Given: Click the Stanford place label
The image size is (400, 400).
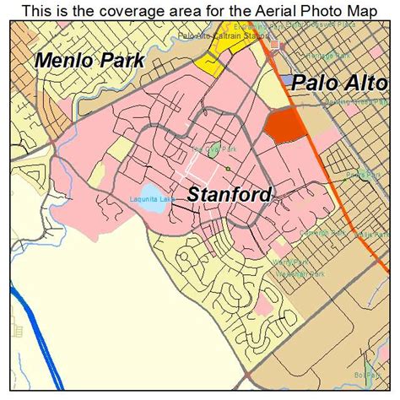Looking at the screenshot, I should point(229,194).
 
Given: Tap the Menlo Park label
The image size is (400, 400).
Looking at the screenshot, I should point(89,61).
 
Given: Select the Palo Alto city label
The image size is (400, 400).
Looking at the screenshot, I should point(339,84).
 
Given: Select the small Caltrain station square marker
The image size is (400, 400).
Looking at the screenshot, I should point(273,44).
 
